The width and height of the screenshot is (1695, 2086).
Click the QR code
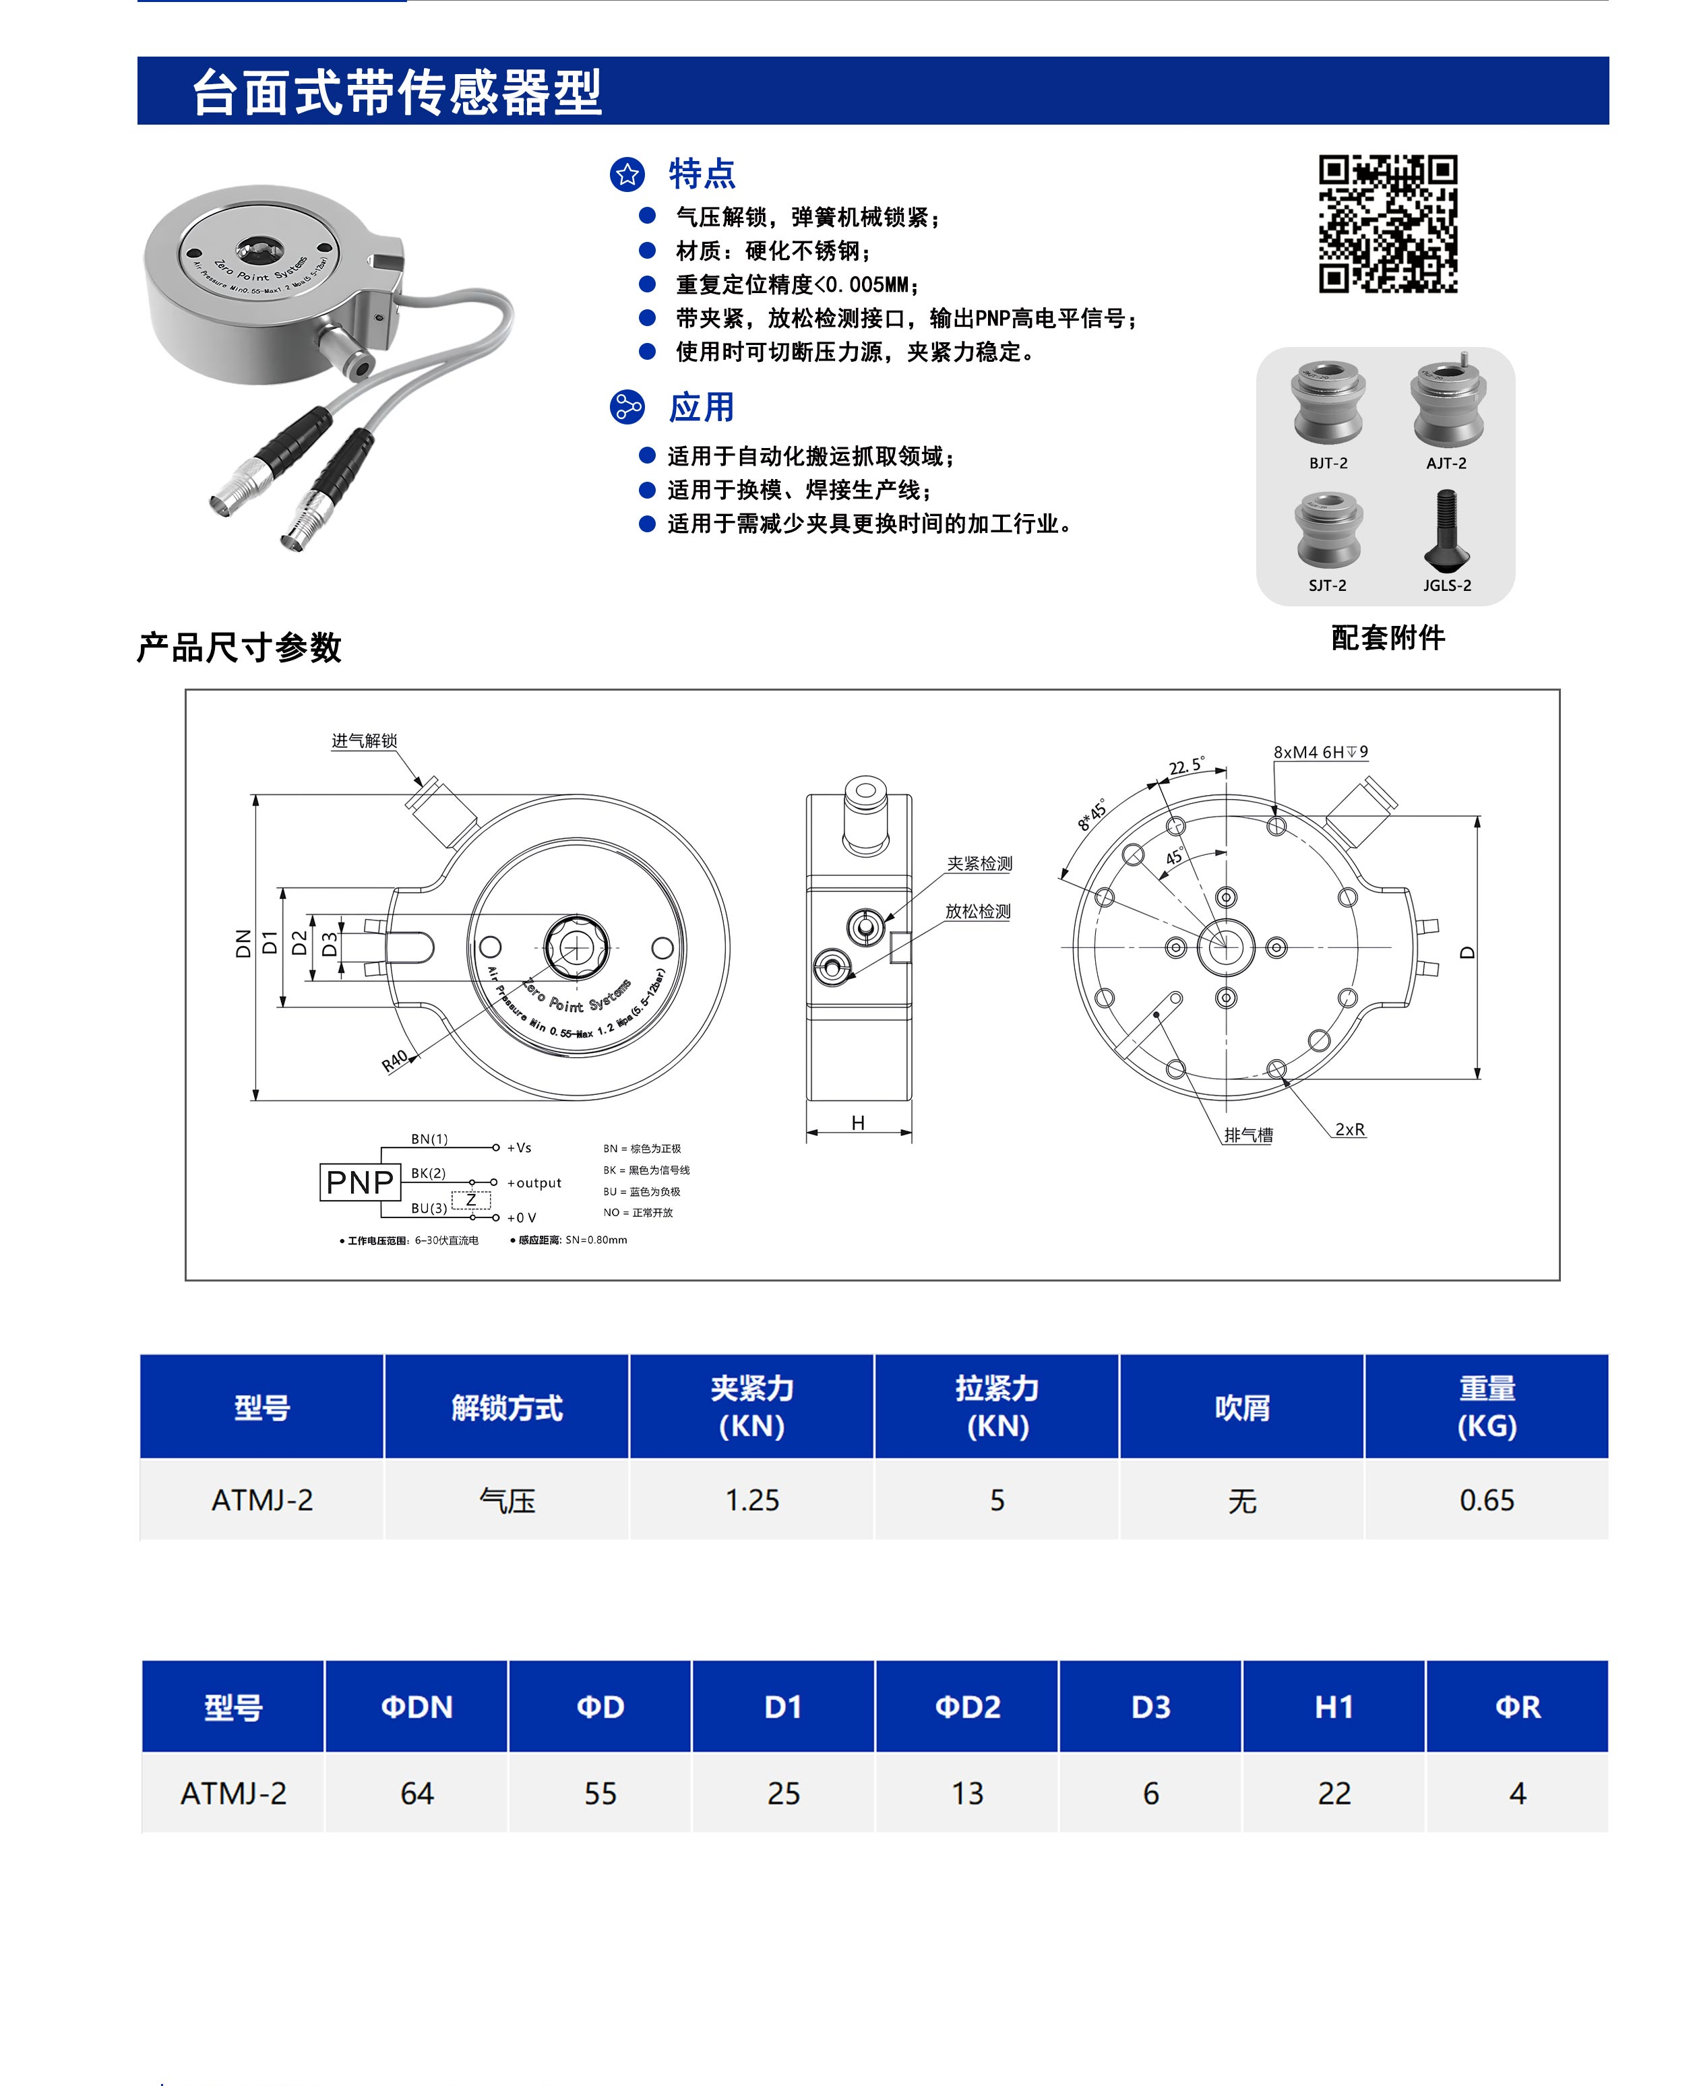(x=1388, y=224)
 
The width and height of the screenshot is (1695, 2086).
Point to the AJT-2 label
(x=1446, y=464)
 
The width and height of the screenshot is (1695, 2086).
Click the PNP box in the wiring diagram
(x=359, y=1182)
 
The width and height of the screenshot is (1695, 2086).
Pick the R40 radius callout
(x=394, y=1061)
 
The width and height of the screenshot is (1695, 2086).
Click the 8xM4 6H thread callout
(x=1320, y=752)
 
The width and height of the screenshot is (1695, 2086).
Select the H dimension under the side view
(x=857, y=1123)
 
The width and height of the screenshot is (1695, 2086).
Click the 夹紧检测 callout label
(x=979, y=864)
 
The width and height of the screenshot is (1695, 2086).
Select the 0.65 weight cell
(x=1486, y=1500)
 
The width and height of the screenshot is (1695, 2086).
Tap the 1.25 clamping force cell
(x=752, y=1500)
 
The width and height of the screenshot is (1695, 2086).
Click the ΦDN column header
(x=417, y=1707)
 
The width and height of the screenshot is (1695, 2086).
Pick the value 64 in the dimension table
(x=417, y=1793)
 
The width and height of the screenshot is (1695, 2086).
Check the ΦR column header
(x=1517, y=1707)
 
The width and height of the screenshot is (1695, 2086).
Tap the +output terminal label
(x=534, y=1183)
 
